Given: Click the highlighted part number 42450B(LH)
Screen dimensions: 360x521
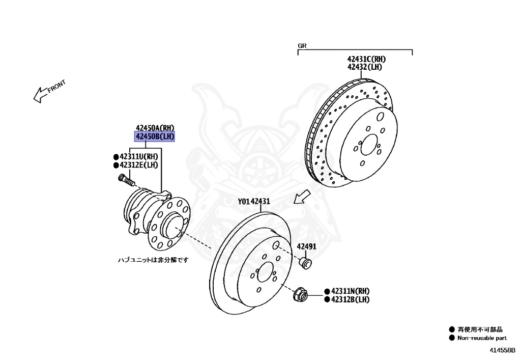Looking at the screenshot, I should pos(155,136).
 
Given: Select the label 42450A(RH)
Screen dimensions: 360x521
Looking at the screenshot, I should pos(155,128).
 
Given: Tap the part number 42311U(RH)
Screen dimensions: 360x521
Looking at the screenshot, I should pos(139,156).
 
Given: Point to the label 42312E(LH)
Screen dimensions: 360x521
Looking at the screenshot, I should pos(139,165).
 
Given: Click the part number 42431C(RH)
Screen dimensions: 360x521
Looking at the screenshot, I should pos(367,59).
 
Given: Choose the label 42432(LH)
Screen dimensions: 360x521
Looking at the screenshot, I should pos(365,67).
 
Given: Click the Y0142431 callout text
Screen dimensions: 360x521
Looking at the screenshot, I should pos(254,202).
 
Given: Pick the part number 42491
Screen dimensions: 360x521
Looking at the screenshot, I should pos(307,246).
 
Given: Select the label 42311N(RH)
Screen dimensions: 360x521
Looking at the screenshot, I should pos(351,291).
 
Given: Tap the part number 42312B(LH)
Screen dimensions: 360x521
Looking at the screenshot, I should pos(351,299).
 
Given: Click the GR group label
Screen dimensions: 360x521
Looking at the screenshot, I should pos(302,46).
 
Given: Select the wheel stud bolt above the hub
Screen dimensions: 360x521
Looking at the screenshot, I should pos(126,180).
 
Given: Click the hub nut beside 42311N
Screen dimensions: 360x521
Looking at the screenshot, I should pos(300,294).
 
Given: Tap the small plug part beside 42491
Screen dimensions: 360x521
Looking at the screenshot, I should pos(306,263).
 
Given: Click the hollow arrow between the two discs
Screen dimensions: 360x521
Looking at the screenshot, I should pos(302,196).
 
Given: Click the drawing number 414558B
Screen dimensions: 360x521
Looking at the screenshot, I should pos(503,350).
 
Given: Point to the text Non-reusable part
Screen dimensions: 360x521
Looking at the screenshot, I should pos(482,338).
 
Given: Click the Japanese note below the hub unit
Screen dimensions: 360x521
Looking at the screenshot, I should pos(153,260).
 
